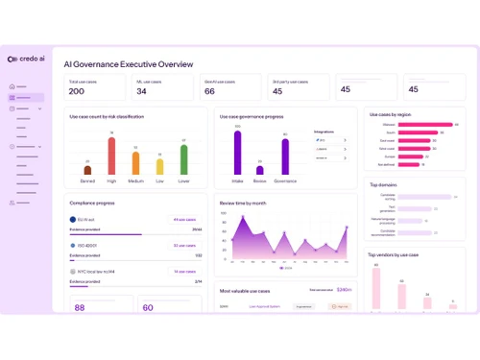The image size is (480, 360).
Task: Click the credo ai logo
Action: pos(26,60)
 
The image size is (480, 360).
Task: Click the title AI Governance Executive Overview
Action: pos(129,64)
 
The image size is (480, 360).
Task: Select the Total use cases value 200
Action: pos(77,91)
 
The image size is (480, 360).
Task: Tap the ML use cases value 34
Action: pos(141,91)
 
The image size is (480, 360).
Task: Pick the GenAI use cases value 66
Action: pos(209,91)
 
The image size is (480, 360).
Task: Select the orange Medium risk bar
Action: pos(136,162)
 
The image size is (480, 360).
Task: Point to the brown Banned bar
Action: pos(87,170)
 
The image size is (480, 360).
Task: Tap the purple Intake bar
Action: pos(237,153)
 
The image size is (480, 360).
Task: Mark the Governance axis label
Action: pos(285,180)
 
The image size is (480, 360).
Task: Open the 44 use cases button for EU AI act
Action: pos(185,219)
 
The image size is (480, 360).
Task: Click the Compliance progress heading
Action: pos(92,203)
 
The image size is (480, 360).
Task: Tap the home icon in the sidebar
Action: pos(12,87)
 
